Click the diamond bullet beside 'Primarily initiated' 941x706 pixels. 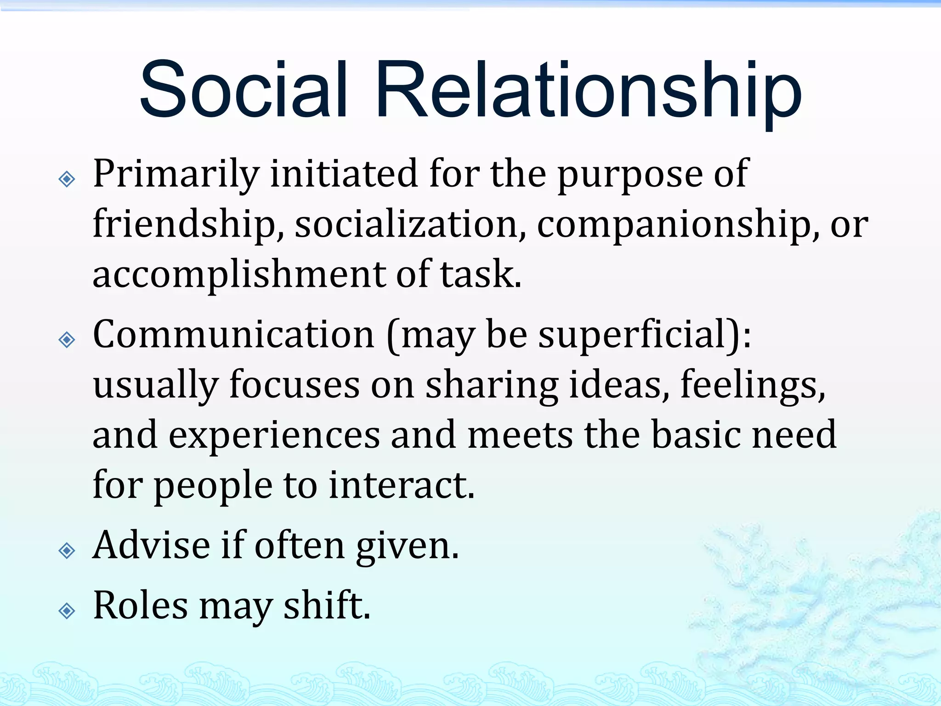point(67,179)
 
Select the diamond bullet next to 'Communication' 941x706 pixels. point(67,340)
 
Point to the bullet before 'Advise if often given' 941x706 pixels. point(67,550)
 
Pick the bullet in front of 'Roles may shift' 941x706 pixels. point(67,611)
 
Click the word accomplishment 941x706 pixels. point(239,275)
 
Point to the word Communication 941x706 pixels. point(234,335)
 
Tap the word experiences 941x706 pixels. point(274,435)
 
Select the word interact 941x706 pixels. point(402,485)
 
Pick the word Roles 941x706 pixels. point(141,606)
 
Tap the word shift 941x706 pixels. point(327,606)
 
